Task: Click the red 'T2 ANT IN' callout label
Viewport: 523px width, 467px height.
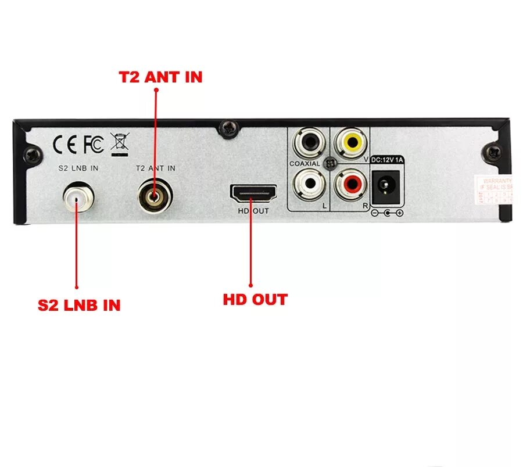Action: point(161,77)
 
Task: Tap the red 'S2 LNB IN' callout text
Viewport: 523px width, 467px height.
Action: point(79,305)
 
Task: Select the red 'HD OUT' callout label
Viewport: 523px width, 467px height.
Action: point(255,300)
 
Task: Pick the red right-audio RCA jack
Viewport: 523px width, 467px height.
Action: point(351,184)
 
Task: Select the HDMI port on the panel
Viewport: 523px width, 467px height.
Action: point(253,193)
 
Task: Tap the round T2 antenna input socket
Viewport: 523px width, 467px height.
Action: point(155,196)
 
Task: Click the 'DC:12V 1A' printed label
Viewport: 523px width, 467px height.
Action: point(386,160)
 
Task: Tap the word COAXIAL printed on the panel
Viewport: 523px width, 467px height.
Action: point(305,164)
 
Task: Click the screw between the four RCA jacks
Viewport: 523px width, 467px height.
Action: point(330,163)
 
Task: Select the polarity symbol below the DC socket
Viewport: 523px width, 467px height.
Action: point(387,213)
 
